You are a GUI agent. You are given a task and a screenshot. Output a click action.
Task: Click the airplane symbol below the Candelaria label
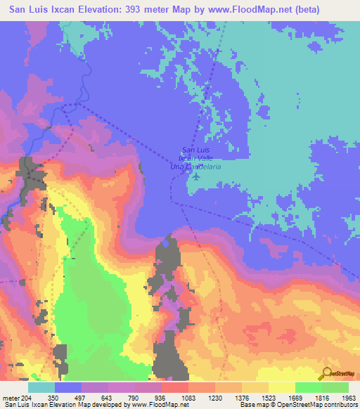(x=194, y=175)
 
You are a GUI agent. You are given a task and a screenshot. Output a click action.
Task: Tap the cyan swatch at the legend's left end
(x=41, y=387)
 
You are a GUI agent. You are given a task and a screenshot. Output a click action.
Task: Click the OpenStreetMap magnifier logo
(x=326, y=373)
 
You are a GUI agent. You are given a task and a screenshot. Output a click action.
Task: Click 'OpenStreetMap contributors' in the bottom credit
(x=319, y=404)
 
